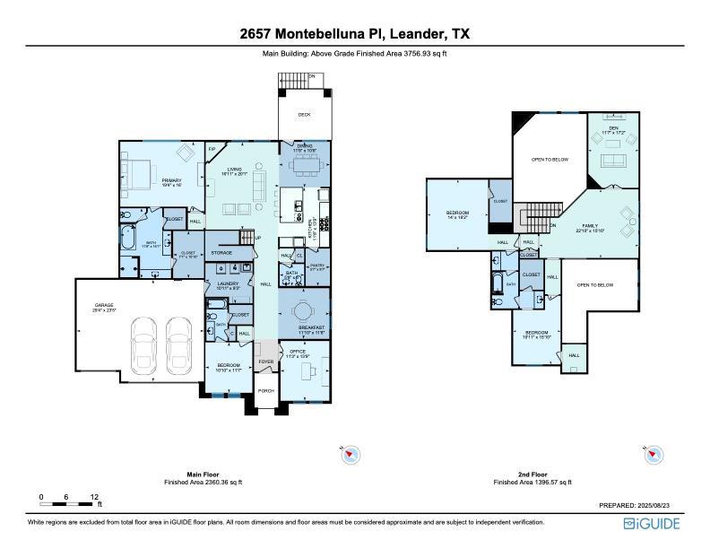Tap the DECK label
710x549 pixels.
(x=303, y=114)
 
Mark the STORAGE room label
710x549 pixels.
(x=221, y=253)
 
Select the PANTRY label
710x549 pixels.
(x=316, y=266)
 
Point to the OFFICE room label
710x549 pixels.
(x=299, y=353)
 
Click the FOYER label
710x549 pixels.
(x=265, y=362)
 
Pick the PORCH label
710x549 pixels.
(x=265, y=390)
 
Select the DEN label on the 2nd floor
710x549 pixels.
(x=613, y=128)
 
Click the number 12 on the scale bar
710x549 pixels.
(x=94, y=496)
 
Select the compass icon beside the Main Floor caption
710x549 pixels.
(x=351, y=457)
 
